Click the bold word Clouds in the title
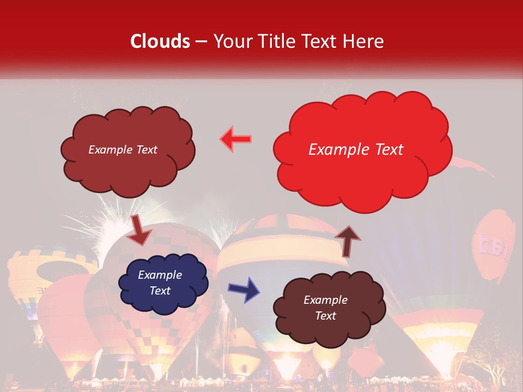pyautogui.click(x=160, y=41)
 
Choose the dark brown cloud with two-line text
pyautogui.click(x=327, y=308)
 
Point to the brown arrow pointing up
pyautogui.click(x=348, y=240)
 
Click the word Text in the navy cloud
pyautogui.click(x=160, y=291)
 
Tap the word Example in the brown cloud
pyautogui.click(x=325, y=300)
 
